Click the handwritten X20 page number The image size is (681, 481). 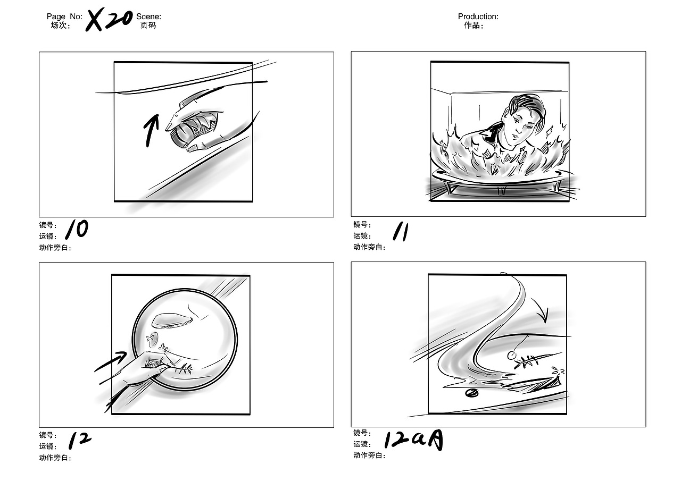point(109,20)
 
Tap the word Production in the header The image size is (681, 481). point(477,16)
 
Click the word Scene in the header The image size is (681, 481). point(148,16)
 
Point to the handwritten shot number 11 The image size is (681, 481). point(401,231)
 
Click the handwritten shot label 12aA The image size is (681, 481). point(413,440)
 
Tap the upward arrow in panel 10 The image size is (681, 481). point(151,131)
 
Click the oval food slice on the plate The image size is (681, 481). point(173,320)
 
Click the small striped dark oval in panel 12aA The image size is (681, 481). point(471,393)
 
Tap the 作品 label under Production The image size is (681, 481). point(473,25)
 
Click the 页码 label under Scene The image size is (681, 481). point(148,25)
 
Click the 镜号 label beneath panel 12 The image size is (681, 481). point(48,435)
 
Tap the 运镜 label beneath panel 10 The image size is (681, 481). point(48,236)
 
